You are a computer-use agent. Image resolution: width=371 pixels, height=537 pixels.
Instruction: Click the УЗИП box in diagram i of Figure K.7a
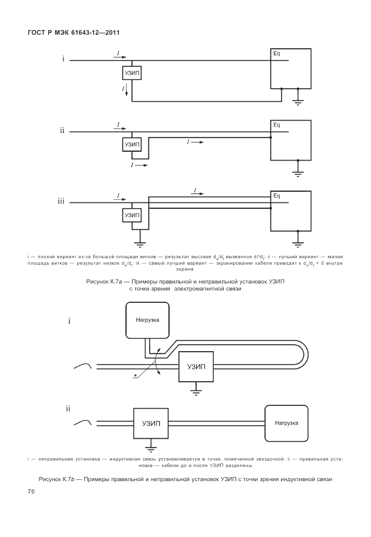tap(132, 73)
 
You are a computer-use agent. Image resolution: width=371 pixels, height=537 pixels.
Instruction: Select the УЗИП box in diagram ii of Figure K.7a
tap(132, 144)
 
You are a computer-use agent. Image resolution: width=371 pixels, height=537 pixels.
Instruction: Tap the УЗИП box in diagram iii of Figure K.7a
tap(132, 216)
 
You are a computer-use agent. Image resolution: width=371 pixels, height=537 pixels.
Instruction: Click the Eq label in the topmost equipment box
tap(276, 54)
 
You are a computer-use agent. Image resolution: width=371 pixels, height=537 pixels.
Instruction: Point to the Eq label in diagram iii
tap(276, 196)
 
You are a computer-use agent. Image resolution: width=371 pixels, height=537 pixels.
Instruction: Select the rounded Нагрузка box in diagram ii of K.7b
tap(286, 423)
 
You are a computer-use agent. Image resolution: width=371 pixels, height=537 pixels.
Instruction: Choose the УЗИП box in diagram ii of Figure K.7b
tap(151, 423)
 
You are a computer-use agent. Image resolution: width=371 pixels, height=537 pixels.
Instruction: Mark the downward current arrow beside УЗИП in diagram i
tap(125, 89)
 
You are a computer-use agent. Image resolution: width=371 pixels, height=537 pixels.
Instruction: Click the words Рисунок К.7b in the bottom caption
tap(59, 479)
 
